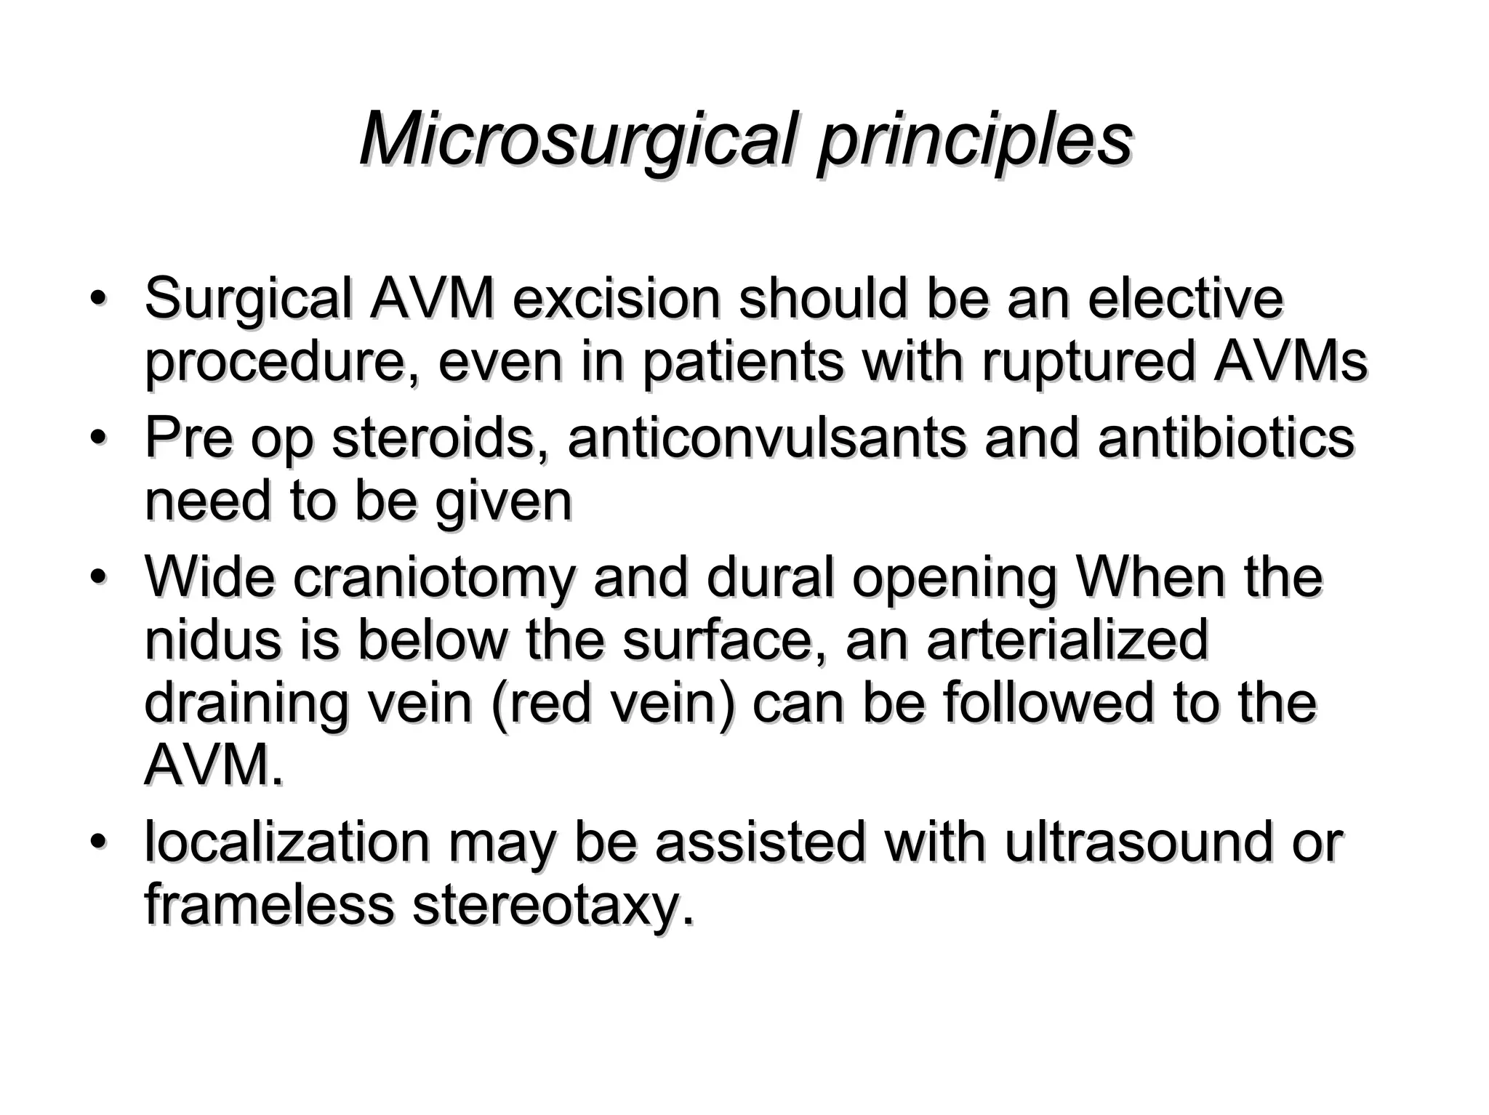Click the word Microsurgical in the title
pos(574,140)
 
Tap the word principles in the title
pos(974,140)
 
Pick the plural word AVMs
pos(1291,363)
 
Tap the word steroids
pos(433,439)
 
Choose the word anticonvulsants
pos(767,439)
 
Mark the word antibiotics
pos(1226,439)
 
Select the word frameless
pos(270,906)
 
